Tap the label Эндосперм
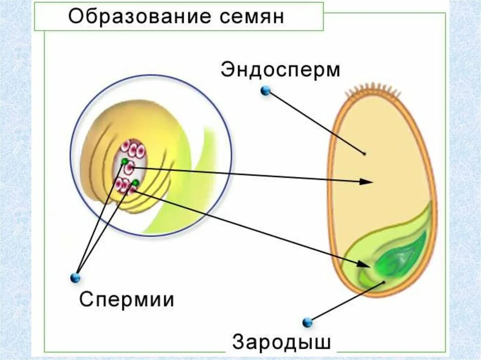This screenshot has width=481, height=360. pos(280,70)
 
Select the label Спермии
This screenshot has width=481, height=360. pos(126,299)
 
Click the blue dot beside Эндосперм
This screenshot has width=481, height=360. pos(266,91)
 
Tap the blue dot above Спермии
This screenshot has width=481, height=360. pos(75,278)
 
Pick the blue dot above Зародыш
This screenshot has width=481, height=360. pos(307,322)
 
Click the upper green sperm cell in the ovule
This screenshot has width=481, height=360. pos(124,161)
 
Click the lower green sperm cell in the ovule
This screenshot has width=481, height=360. pos(135,183)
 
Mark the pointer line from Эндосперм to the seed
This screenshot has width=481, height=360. pos(315,122)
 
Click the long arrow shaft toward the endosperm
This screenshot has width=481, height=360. pos(249,174)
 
